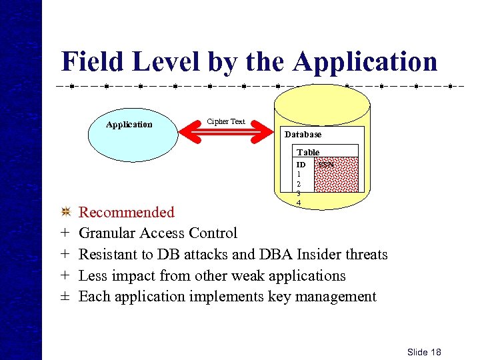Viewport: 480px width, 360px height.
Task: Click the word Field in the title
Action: [93, 62]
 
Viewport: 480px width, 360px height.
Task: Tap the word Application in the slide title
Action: [365, 62]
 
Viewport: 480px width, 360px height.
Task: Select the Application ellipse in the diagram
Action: [129, 125]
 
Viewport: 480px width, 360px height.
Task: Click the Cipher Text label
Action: [226, 121]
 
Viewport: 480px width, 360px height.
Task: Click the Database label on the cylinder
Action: [303, 134]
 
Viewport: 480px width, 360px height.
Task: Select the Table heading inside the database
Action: [308, 153]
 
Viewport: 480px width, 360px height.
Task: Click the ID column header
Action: [301, 164]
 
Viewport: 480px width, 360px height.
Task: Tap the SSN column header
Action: [326, 164]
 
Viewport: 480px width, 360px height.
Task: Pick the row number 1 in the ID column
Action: [299, 173]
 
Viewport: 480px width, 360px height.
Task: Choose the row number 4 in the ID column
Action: [299, 203]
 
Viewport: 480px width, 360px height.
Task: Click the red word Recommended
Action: [127, 213]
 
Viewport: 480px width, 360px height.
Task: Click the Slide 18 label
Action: [425, 352]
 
